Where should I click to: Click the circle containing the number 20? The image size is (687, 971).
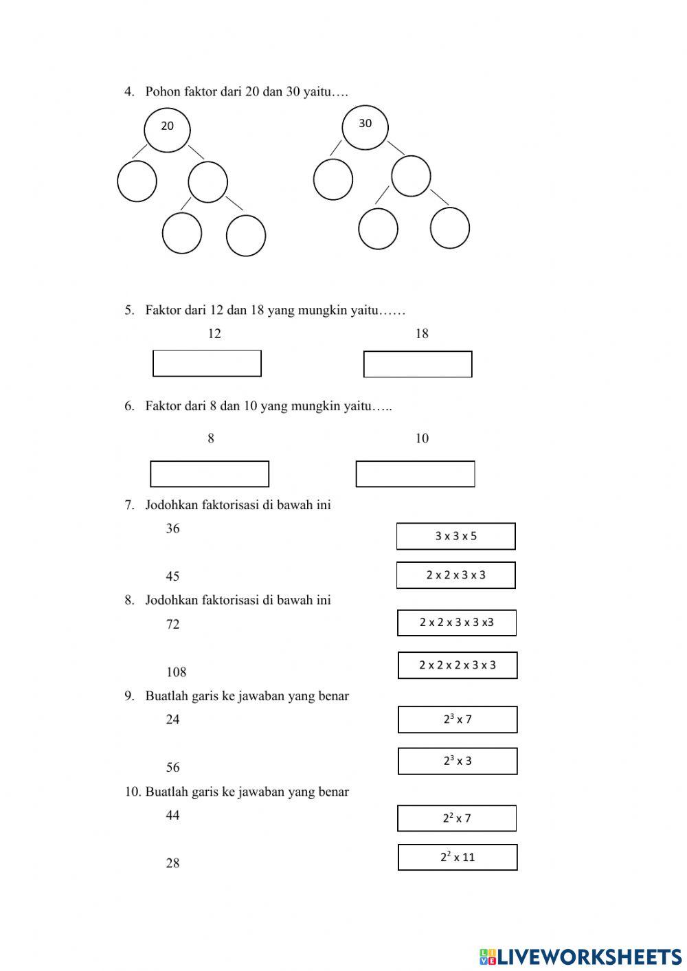tap(167, 129)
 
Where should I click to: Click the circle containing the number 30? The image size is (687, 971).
tap(365, 126)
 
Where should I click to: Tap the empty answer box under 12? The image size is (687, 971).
tap(207, 364)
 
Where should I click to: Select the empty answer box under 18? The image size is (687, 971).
tap(418, 364)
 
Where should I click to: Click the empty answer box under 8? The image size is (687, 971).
tap(210, 474)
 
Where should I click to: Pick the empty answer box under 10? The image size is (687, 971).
tap(415, 474)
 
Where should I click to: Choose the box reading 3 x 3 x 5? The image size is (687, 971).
tap(455, 536)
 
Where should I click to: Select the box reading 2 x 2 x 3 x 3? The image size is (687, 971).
tap(455, 575)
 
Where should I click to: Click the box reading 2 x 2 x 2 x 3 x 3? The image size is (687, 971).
tap(458, 665)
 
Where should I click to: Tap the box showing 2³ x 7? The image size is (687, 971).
tap(458, 719)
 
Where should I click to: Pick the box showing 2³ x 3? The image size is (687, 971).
tap(458, 761)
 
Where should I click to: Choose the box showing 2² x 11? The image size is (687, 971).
tap(458, 857)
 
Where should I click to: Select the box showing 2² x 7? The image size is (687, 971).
tap(457, 818)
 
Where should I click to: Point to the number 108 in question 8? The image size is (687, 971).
tap(176, 672)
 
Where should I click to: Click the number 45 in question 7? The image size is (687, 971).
tap(172, 577)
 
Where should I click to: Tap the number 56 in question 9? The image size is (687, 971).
tap(172, 768)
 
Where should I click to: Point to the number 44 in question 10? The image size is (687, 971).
tap(172, 816)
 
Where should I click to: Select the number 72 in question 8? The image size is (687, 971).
tap(172, 625)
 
